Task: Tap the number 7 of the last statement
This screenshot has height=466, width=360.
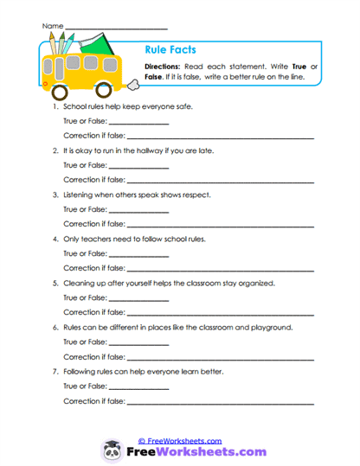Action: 55,371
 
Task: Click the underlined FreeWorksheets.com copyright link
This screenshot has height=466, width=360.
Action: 180,440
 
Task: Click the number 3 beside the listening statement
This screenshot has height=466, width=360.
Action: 55,195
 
